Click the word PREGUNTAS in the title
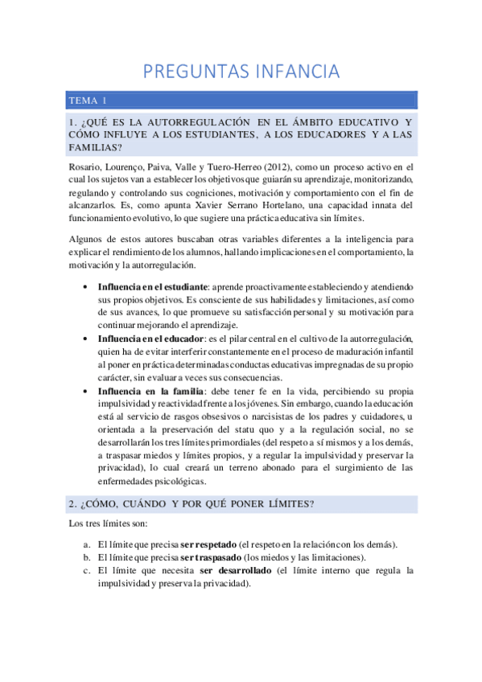pos(192,72)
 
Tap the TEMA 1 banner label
pos(88,101)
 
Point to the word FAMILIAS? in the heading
pos(96,147)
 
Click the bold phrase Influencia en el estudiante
pos(152,287)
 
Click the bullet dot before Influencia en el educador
pos(86,339)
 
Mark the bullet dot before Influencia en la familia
pos(86,390)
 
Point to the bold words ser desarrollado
pos(235,571)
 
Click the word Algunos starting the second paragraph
pos(87,240)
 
